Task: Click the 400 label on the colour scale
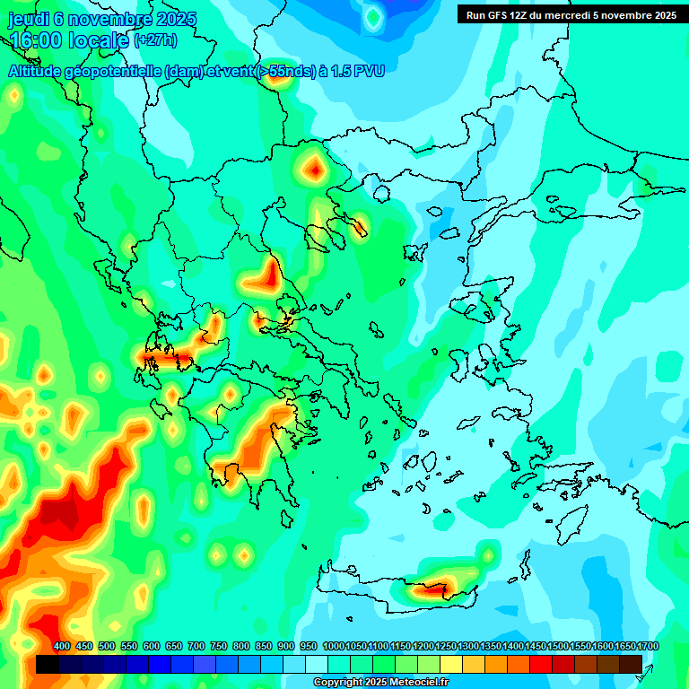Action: click(62, 647)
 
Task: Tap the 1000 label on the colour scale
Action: click(333, 647)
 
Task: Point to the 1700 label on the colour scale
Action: click(648, 647)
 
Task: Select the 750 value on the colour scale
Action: click(219, 647)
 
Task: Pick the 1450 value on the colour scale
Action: click(536, 647)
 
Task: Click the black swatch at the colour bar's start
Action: click(48, 664)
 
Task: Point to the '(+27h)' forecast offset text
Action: click(155, 40)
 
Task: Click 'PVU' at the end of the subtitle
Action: click(368, 71)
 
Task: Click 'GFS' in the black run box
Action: click(501, 15)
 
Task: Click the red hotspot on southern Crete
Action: click(433, 590)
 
